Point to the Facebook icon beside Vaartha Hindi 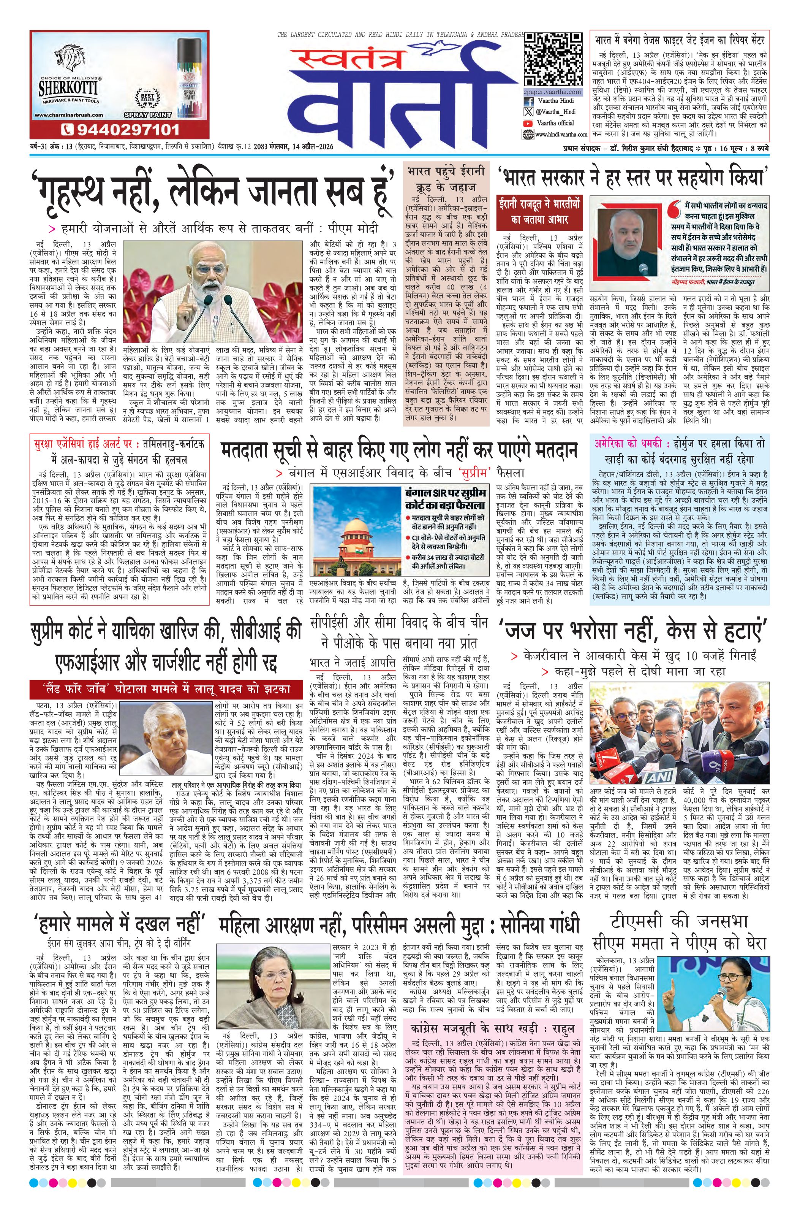point(528,101)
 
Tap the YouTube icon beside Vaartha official point(528,123)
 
